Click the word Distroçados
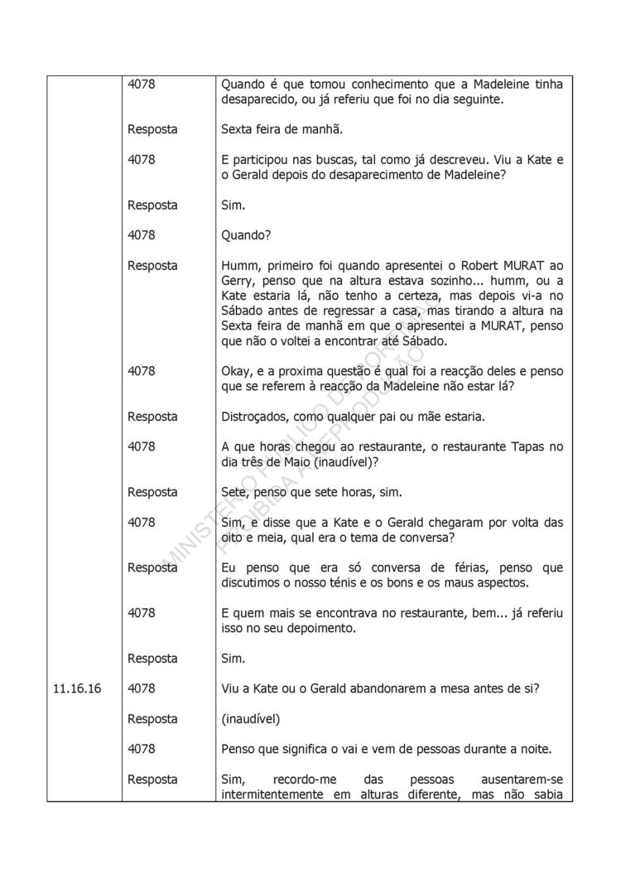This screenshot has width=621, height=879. [256, 416]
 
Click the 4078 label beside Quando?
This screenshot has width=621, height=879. [142, 235]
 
